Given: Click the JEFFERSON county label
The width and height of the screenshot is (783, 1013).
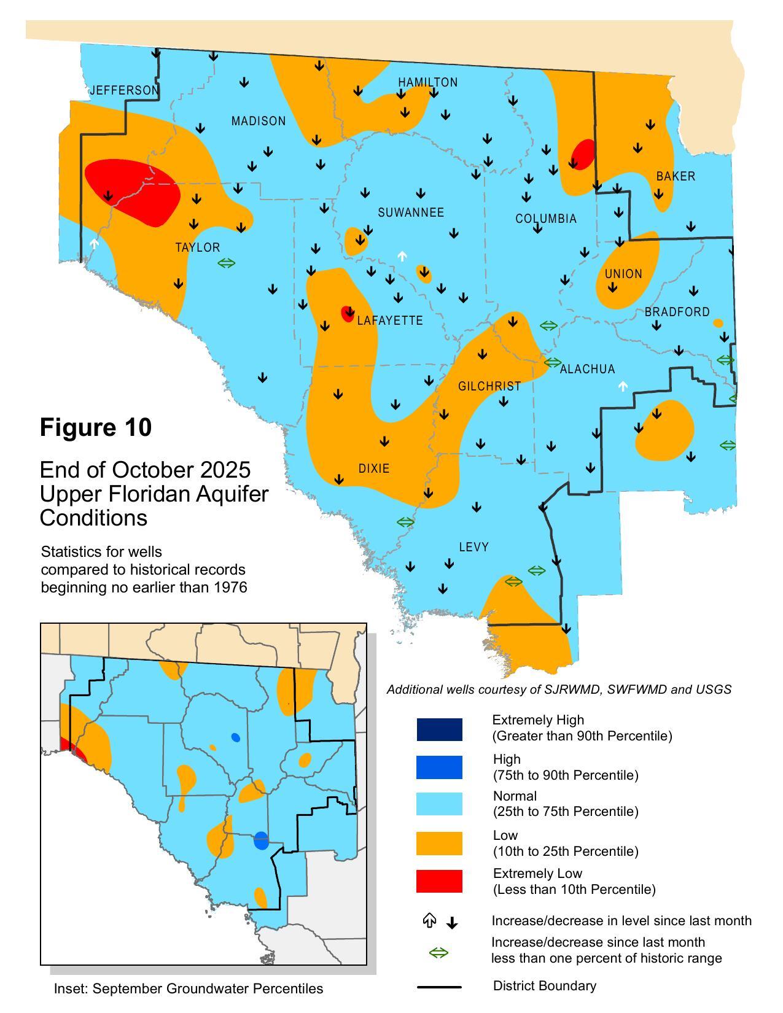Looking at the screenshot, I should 125,90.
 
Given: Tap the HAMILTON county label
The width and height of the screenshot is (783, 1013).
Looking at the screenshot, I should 427,82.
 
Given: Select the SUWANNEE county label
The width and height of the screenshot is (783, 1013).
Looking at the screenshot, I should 410,212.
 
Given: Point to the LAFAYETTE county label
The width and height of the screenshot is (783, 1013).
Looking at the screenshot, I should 390,320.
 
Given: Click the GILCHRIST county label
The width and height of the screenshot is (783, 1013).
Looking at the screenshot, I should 489,386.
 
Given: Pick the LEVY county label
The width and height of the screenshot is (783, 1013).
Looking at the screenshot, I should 473,547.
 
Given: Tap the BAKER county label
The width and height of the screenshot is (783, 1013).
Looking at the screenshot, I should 676,176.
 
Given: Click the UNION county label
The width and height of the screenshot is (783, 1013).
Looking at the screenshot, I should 623,274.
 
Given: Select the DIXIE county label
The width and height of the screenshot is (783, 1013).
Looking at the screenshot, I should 374,468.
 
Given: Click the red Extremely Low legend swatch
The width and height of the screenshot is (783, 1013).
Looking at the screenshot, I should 439,881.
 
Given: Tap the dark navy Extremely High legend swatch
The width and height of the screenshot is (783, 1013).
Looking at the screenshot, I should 439,729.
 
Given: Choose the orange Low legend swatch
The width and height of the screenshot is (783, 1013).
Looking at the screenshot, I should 439,843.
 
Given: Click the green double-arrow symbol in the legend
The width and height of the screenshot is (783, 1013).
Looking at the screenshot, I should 438,952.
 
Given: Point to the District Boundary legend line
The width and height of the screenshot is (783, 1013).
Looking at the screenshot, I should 439,987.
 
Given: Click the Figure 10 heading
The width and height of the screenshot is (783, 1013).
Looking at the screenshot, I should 95,427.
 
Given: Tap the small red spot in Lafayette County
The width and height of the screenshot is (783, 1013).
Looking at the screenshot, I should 348,314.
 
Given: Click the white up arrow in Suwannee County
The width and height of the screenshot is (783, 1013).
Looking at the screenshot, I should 402,256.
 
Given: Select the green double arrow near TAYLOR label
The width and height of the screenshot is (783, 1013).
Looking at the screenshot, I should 227,263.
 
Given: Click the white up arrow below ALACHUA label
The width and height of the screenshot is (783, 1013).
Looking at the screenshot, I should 623,386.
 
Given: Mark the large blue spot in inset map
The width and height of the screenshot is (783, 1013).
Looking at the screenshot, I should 261,840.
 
